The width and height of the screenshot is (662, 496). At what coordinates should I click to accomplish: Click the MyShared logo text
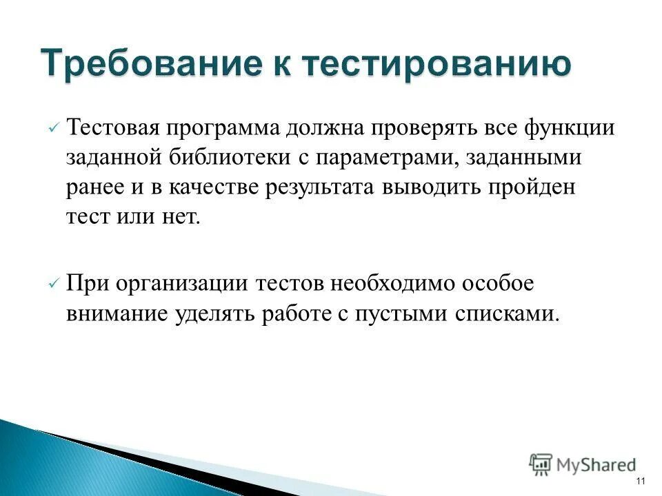(596, 465)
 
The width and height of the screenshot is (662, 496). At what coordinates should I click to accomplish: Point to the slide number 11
(641, 481)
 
